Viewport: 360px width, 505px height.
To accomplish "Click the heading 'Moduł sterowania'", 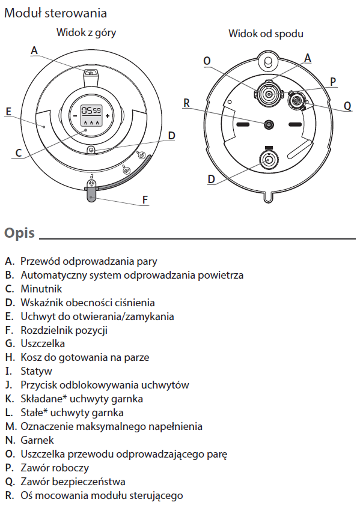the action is pos(55,13).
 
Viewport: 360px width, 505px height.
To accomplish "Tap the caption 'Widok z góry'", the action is pos(86,33).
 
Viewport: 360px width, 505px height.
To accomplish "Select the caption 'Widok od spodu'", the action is pos(266,34).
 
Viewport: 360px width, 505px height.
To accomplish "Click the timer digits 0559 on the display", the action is pos(91,111).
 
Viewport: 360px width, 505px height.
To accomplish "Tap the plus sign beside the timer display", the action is pos(108,116).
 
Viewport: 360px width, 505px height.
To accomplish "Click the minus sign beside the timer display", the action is pos(75,116).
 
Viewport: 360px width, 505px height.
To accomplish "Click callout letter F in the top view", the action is pos(145,200).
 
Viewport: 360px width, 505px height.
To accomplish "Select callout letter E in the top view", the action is pos(8,112).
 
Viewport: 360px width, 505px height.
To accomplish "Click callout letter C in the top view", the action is pos(19,153).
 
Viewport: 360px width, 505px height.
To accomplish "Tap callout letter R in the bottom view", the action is pos(186,103).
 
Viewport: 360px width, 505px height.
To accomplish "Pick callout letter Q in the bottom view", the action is pos(347,106).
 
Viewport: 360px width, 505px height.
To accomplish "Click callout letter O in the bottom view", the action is pos(207,61).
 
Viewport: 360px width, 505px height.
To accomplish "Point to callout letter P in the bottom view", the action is pos(333,82).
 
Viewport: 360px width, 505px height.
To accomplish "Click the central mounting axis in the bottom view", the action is pos(269,124).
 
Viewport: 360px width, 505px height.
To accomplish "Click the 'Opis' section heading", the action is pos(19,233).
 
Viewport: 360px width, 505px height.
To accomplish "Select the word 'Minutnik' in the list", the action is pos(41,289).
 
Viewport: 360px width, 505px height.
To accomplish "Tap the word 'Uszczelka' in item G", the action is pos(43,343).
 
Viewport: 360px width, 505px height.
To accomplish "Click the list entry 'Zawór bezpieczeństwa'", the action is pos(73,482).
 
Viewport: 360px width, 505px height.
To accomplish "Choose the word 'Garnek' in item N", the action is pos(37,440).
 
